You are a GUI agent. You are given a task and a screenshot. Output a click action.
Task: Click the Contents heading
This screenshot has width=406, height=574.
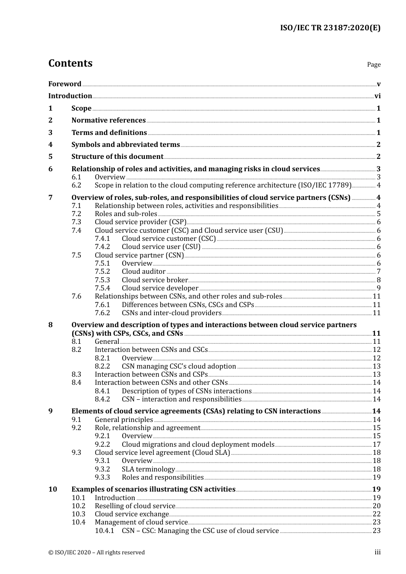coord(70,63)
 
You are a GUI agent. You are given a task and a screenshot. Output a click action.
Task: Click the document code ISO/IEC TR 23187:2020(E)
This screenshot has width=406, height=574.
coord(330,28)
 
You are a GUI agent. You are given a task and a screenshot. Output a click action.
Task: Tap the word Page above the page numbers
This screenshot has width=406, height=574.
coord(374,64)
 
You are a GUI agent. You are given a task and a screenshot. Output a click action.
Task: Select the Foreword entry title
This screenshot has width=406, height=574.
coord(65,84)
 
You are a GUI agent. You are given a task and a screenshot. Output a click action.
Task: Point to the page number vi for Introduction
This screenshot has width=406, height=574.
coord(377,96)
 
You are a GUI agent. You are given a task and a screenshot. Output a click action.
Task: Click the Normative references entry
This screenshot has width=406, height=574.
coord(108,120)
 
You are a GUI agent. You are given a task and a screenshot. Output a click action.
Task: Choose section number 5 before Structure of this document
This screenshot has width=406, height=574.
coord(50,157)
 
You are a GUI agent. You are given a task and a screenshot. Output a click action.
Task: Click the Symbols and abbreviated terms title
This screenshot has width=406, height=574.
coord(125,145)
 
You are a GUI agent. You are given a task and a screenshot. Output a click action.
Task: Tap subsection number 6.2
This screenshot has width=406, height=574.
coord(76,185)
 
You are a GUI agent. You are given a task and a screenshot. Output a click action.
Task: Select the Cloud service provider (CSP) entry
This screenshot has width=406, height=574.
coord(140,222)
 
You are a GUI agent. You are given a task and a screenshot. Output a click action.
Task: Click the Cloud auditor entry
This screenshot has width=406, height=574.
coord(143,272)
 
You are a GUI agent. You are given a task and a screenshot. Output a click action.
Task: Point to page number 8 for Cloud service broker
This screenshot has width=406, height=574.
coord(379,280)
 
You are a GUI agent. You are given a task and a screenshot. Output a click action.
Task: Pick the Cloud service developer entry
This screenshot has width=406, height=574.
coord(160,288)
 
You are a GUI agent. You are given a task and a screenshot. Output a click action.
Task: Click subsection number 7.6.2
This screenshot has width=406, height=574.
coord(102,313)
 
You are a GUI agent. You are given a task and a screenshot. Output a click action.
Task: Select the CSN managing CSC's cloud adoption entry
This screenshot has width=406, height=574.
coord(179,366)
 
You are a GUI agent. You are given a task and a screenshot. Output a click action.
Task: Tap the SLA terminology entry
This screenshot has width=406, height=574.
coord(148,469)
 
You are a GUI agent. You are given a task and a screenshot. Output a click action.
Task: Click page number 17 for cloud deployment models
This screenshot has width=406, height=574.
coord(377,445)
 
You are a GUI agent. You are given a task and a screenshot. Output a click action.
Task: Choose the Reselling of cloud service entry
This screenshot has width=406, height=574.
coord(135,506)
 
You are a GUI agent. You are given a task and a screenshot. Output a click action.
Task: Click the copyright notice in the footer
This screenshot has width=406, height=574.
coord(96,553)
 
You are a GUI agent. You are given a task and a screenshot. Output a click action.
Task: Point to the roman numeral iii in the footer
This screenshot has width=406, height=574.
coord(377,553)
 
